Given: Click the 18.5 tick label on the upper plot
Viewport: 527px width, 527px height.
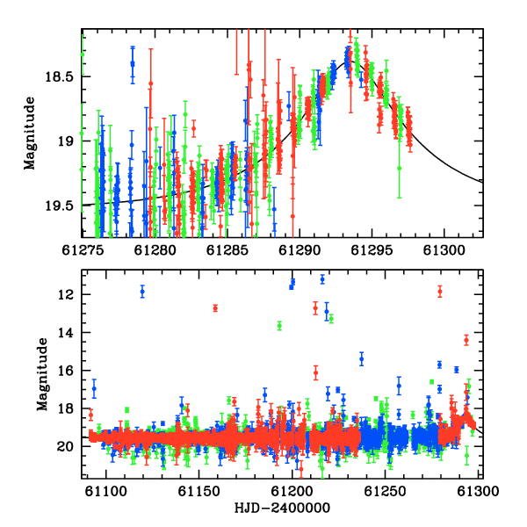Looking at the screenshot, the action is coord(59,77).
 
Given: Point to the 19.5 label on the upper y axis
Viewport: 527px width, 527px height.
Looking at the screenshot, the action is coord(59,206).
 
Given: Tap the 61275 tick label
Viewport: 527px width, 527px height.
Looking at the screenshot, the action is coord(83,250).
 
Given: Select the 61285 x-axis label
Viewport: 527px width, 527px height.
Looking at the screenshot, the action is coord(227,250).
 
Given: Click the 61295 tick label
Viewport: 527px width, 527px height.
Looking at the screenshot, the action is coord(372,250).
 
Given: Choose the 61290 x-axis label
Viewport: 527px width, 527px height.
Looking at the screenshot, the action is coord(300,250).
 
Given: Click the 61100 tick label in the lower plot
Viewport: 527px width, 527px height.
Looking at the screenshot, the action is coord(106,491).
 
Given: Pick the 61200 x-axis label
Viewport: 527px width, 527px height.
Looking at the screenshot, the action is coord(292,491).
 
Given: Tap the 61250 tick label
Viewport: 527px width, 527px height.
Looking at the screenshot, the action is coord(386,491).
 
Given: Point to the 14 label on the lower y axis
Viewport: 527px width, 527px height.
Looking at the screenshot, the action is coord(65,333).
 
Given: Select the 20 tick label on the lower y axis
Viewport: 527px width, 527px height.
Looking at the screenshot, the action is coord(65,447).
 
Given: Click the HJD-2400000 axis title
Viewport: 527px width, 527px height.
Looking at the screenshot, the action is coord(282,508).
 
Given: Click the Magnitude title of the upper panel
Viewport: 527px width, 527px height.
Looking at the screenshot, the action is coord(30,134).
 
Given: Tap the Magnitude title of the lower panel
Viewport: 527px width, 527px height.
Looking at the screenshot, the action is coord(42,374).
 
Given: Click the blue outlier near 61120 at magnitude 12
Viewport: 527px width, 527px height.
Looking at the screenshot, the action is coord(142,292).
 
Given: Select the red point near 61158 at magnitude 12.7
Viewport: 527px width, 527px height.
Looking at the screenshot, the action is coord(215,308).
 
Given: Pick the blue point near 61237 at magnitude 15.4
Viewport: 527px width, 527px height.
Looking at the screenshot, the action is coord(362,359).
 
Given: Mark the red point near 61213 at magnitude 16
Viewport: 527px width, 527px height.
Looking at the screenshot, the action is coord(315,372).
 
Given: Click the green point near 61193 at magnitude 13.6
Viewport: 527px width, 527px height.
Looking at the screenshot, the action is coord(279,325).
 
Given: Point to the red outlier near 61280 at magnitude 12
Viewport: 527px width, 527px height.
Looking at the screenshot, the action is coord(440,292).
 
